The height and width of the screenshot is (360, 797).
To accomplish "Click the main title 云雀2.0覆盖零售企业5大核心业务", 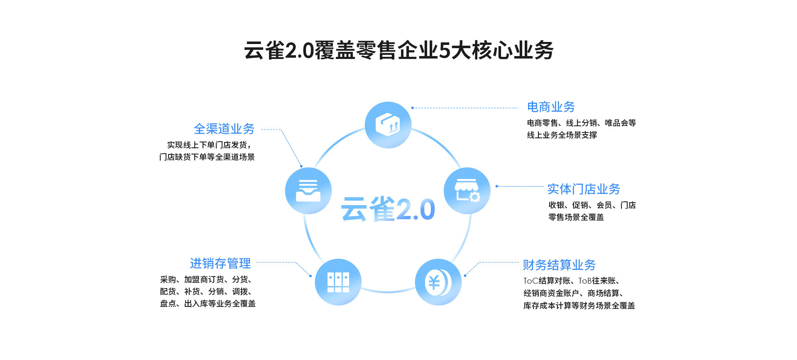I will (x=398, y=51).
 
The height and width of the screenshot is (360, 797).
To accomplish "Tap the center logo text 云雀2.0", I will (x=388, y=208).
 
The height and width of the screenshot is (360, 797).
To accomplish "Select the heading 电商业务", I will (x=551, y=107).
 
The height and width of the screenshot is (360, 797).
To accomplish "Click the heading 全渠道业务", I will (x=224, y=129).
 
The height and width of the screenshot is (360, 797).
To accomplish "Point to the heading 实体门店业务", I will (x=583, y=189).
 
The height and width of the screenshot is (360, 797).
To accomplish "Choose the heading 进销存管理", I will (x=220, y=264).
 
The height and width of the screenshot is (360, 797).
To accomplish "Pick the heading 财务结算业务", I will (x=559, y=265).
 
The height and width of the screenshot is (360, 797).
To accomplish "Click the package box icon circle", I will (x=388, y=125).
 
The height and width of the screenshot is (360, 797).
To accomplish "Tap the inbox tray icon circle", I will (x=308, y=191).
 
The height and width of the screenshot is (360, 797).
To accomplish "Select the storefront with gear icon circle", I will (x=467, y=191).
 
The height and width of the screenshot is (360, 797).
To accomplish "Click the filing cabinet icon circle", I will (x=338, y=282).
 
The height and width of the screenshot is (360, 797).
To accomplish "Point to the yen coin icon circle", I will (x=438, y=282).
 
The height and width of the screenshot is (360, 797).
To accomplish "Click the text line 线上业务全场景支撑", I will (x=562, y=135).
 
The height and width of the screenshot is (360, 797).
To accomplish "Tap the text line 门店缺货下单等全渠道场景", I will (x=207, y=157).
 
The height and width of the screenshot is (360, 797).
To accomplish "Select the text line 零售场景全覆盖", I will (x=576, y=217).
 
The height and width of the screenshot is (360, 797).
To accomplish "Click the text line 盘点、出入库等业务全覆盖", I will (x=208, y=304).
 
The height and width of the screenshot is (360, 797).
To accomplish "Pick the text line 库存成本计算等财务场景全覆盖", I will (x=579, y=306).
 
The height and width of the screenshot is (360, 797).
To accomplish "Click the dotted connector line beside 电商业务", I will (x=465, y=108).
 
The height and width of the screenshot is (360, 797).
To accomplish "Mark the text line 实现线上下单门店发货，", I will (x=209, y=145).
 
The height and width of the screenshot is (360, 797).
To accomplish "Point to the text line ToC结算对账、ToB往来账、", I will (x=571, y=281).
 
